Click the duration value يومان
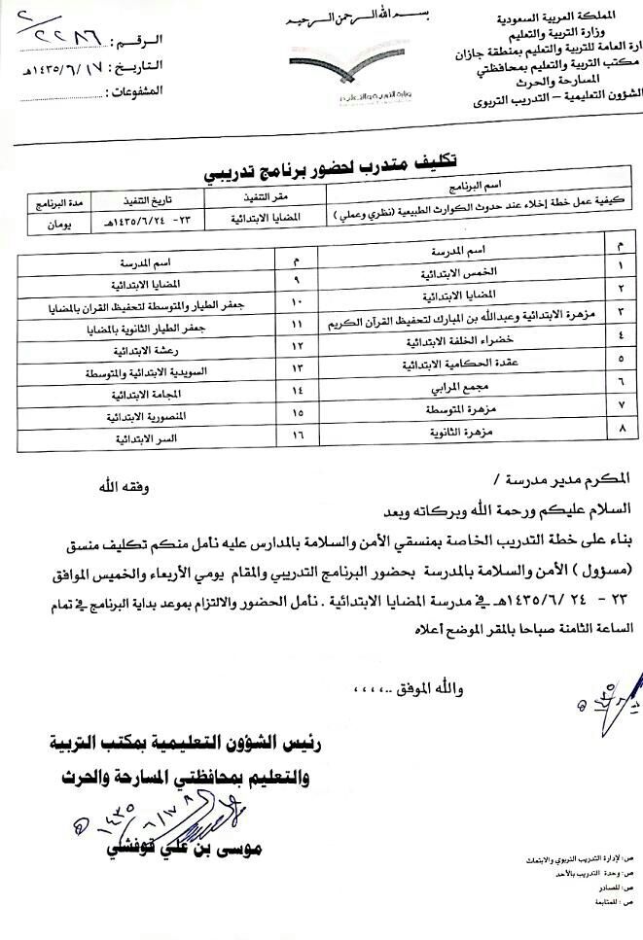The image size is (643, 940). pyautogui.click(x=40, y=223)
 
